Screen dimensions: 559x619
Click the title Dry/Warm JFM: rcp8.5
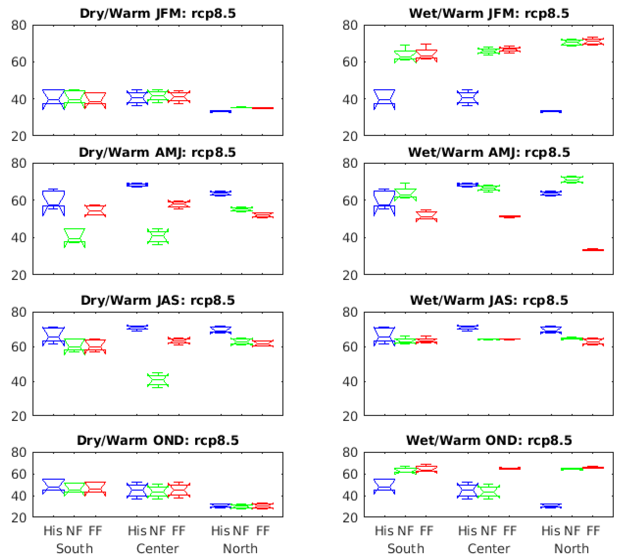[158, 14]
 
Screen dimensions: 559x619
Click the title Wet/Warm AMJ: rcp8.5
[489, 152]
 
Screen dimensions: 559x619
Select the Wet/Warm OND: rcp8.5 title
[489, 441]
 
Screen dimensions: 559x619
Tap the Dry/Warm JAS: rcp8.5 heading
[158, 300]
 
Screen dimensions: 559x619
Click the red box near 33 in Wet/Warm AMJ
[593, 250]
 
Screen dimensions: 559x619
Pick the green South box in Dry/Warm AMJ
[75, 238]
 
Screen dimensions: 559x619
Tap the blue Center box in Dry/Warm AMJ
[137, 185]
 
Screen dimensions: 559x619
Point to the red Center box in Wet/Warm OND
[510, 468]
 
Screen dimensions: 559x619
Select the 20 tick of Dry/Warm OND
[19, 518]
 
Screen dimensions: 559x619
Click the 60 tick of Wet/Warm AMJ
[350, 201]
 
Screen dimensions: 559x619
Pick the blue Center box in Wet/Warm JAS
[468, 328]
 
